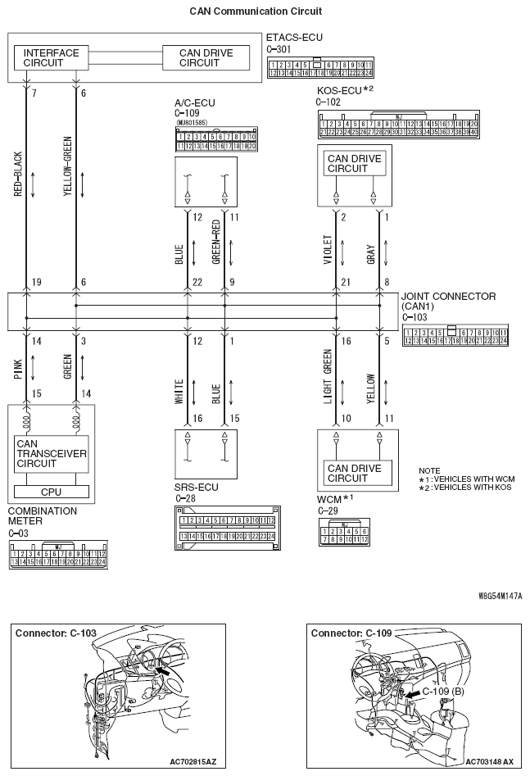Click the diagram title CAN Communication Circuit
pyautogui.click(x=256, y=11)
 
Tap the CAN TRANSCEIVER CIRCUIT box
pyautogui.click(x=51, y=452)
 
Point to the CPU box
pyautogui.click(x=51, y=492)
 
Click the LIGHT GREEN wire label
pyautogui.click(x=326, y=379)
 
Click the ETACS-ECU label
pyautogui.click(x=293, y=37)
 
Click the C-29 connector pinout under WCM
pyautogui.click(x=341, y=535)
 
